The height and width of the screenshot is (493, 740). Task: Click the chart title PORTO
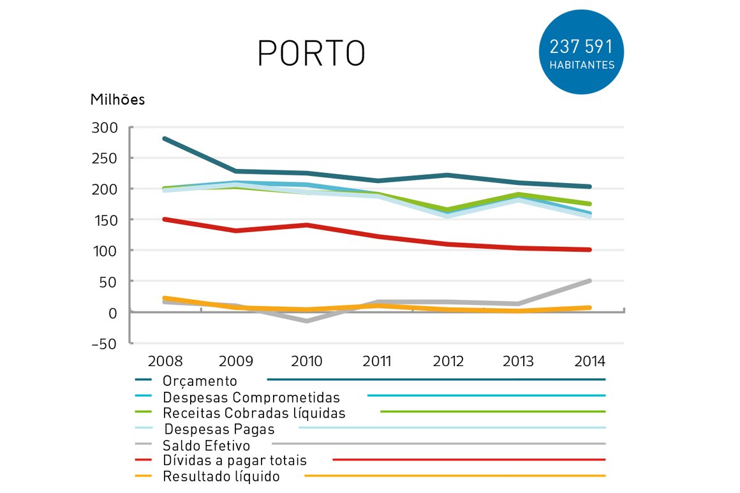tap(311, 53)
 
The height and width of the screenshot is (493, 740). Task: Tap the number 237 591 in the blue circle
tap(581, 47)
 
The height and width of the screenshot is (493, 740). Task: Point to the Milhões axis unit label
tap(117, 100)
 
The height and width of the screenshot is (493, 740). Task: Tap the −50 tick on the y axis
tap(104, 344)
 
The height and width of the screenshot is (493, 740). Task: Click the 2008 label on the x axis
tap(165, 362)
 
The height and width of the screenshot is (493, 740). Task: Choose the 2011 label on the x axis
tap(377, 362)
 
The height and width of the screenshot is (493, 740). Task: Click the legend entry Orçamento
tap(199, 381)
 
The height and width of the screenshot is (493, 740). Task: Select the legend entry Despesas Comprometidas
tap(251, 397)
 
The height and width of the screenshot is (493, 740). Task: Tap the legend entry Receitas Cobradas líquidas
tap(254, 413)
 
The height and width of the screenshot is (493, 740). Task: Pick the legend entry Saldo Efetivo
tap(206, 445)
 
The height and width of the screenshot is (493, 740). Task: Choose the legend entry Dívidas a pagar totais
tap(234, 460)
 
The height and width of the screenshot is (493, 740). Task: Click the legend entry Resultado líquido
tap(221, 476)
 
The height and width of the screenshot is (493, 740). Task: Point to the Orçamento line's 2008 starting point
tap(165, 138)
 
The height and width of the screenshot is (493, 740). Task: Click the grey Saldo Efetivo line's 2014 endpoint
tap(589, 281)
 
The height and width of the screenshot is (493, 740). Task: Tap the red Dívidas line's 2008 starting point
tap(165, 219)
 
